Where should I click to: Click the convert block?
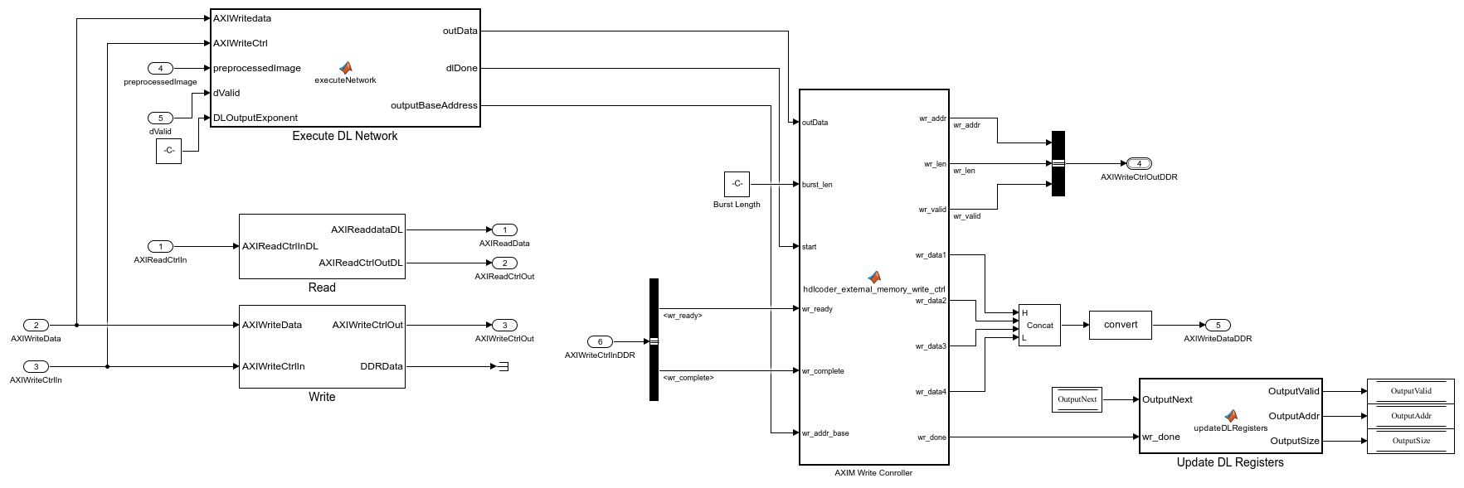coord(1121,325)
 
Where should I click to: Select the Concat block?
coord(1039,325)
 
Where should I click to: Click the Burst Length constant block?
coord(737,184)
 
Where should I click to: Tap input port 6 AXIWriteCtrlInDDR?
coord(600,341)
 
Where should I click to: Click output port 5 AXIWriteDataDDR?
coord(1218,325)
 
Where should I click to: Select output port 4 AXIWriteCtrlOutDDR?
coord(1139,163)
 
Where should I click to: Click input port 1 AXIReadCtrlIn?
coord(160,246)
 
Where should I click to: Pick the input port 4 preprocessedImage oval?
coord(160,68)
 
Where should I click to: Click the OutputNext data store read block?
coord(1077,399)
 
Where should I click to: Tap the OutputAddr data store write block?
coord(1410,416)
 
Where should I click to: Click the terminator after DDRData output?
coord(502,366)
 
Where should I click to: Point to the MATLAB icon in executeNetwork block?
coord(346,68)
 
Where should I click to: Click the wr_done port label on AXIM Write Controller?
coord(931,437)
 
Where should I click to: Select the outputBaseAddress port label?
coord(434,105)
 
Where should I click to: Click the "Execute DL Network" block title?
coord(344,136)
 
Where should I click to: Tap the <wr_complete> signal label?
coord(688,378)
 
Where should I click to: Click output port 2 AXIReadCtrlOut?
coord(504,263)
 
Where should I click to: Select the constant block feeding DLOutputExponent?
coord(168,151)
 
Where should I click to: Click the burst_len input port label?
coord(817,185)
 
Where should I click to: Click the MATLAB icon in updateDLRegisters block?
coord(1231,416)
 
